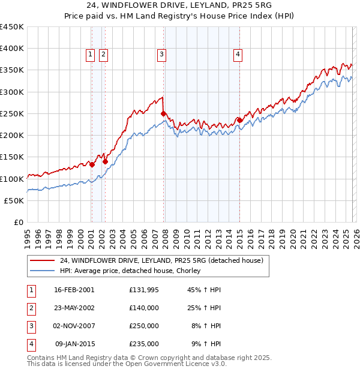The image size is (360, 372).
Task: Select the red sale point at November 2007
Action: (x=163, y=113)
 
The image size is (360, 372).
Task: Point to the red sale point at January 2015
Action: (x=239, y=120)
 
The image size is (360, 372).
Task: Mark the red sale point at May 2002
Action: (x=105, y=161)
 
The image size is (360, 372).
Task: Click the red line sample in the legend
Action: (x=42, y=260)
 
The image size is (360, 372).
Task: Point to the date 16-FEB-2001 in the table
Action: (x=74, y=289)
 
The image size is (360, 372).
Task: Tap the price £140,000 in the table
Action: (x=144, y=307)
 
